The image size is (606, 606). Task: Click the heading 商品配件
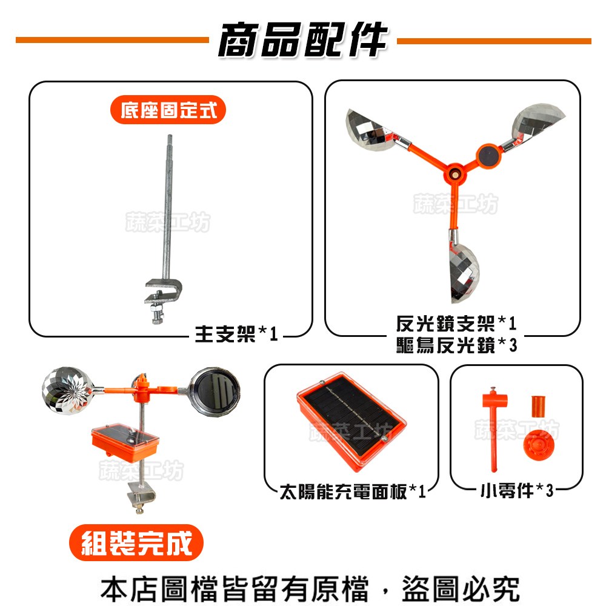[302, 40]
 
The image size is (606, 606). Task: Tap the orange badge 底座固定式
[168, 110]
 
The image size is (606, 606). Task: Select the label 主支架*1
[236, 333]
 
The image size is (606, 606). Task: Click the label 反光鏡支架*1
[456, 323]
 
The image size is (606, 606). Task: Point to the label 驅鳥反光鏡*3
[456, 345]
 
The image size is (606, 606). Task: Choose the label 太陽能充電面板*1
[352, 491]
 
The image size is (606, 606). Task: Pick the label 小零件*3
[517, 490]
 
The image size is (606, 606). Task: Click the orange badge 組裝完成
[136, 543]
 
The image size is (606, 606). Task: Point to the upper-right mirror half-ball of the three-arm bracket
[536, 123]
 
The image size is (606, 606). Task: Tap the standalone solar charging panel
[351, 421]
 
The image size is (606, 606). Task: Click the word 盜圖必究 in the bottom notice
[461, 588]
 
